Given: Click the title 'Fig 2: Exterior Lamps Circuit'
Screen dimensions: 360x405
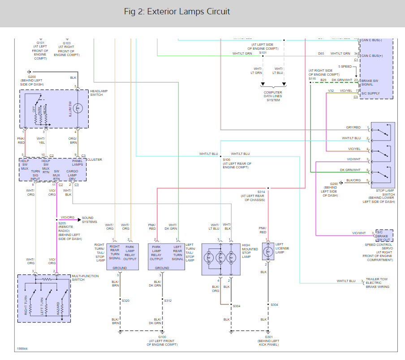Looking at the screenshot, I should point(177,12).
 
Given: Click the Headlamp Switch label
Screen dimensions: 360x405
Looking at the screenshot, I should point(99,93).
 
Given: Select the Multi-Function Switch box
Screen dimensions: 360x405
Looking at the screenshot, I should point(44,298).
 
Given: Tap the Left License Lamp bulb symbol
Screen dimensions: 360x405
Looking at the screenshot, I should point(268,251).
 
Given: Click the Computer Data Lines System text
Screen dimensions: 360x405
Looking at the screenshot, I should point(273,96).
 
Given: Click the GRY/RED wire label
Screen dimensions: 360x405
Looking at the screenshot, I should point(353,127).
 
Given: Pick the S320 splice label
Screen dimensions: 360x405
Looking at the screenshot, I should point(125,300).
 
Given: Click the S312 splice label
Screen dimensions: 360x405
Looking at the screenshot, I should point(168,300).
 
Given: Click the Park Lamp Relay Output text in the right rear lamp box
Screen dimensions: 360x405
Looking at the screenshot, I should point(130,253).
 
